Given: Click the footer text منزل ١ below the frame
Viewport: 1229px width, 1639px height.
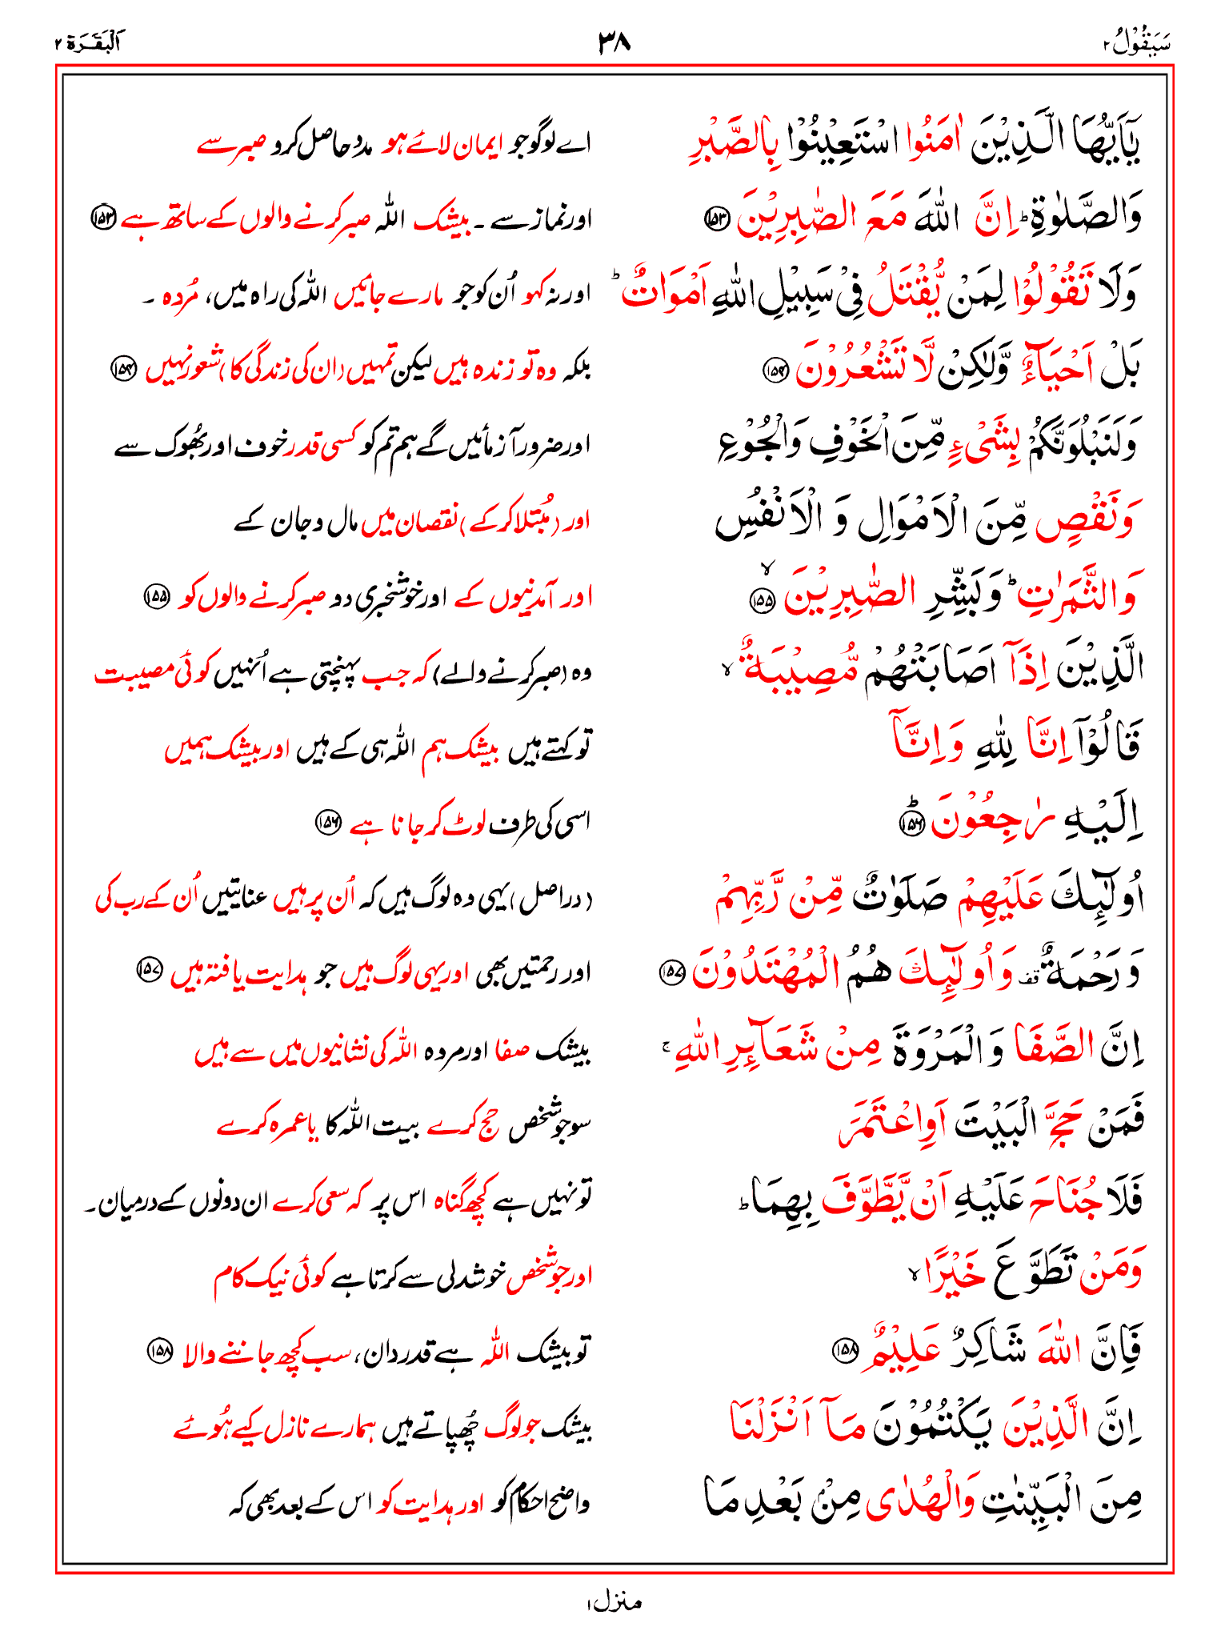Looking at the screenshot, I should (614, 1602).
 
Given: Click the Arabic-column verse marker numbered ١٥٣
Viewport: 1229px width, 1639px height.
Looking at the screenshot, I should (714, 217).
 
